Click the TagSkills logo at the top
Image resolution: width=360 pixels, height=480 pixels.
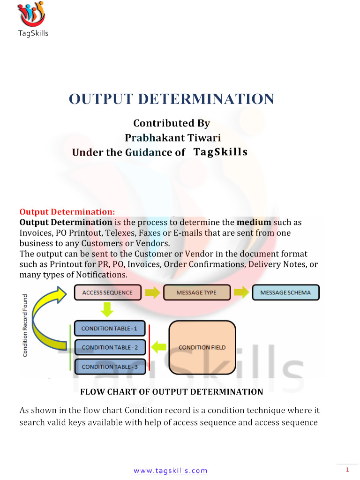point(32,19)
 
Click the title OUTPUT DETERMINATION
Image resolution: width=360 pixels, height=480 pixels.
point(172,99)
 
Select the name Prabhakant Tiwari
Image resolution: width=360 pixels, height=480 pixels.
point(172,138)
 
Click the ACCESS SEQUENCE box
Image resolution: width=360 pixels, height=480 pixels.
point(107,292)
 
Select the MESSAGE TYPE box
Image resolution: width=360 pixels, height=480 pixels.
point(196,292)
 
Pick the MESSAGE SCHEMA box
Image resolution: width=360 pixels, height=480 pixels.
point(285,292)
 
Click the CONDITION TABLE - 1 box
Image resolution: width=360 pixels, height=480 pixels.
point(109,329)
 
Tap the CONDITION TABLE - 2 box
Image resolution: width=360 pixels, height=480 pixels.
point(110,347)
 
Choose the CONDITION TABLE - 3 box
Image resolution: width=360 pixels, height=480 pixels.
point(110,367)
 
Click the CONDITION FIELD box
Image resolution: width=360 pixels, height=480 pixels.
point(202,347)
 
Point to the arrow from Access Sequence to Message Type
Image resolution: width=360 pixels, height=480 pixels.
point(152,293)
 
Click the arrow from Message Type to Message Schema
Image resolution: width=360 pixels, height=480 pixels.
point(241,293)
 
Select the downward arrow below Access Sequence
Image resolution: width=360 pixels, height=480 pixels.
point(107,309)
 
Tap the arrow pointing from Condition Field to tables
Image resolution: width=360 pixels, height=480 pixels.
point(159,347)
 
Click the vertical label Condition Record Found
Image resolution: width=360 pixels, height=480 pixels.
point(25,324)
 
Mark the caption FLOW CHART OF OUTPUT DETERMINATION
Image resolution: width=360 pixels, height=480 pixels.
point(172,391)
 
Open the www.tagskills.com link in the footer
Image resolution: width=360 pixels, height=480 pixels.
point(170,471)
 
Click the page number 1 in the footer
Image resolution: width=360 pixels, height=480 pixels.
point(347,470)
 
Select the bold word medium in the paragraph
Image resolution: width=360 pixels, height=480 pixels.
point(254,222)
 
